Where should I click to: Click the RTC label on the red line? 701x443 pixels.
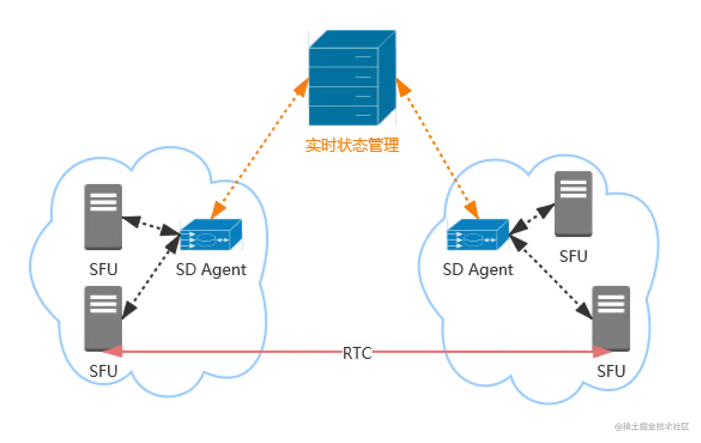[357, 353]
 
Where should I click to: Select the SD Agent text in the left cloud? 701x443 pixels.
[211, 269]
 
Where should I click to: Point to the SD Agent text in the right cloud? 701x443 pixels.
[478, 269]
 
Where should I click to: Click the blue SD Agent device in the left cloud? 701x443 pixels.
[211, 235]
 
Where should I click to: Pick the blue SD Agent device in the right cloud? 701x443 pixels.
[478, 235]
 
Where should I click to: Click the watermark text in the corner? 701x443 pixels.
[652, 425]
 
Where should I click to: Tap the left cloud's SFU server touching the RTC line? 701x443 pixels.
[103, 319]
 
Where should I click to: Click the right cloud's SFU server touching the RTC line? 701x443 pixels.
[611, 319]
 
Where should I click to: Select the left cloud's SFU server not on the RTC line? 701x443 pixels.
[103, 217]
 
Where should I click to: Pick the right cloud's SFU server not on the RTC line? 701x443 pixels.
[574, 204]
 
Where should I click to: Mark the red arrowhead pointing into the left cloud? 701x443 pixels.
[112, 352]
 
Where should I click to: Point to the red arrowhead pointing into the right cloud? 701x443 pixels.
[602, 352]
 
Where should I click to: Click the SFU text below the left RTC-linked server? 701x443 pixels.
[103, 371]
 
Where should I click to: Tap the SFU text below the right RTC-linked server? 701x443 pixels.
[611, 371]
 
